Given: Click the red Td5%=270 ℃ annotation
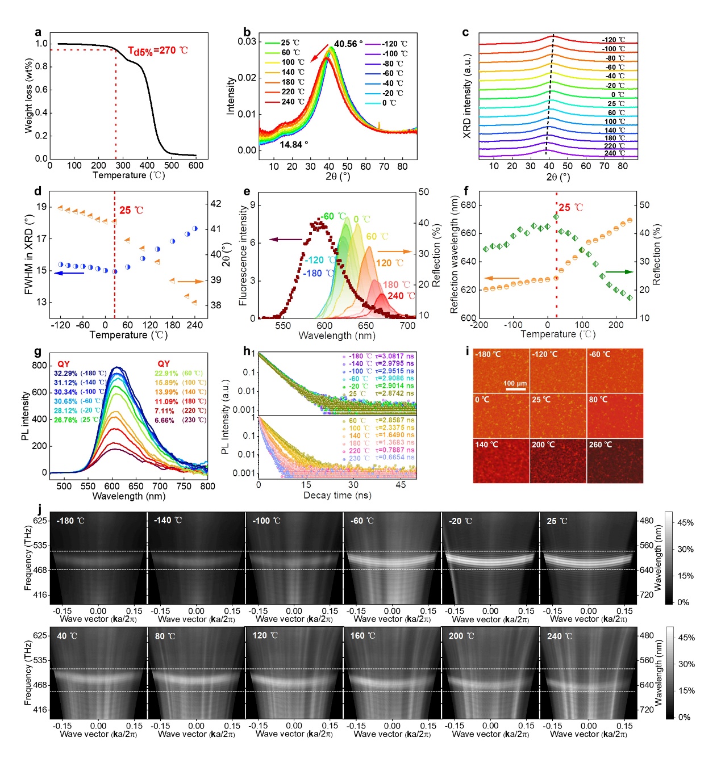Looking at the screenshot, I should (x=157, y=51).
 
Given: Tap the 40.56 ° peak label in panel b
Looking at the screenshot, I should (x=348, y=44).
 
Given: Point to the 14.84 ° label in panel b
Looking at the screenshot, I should (x=294, y=145).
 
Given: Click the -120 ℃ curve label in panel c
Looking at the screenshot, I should (x=614, y=40).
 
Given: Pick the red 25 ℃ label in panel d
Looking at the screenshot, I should (x=131, y=211).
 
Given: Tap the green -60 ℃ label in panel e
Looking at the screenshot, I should (x=333, y=217).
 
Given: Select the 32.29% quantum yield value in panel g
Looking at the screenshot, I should (x=65, y=374).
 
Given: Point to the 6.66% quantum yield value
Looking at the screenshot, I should (x=164, y=421).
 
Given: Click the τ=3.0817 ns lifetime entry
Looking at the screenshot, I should (x=394, y=357).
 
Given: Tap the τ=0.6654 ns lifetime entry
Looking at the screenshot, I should (x=394, y=458).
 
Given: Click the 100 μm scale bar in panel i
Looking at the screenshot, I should (x=515, y=388).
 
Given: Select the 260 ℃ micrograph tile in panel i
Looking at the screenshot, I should (x=615, y=460).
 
